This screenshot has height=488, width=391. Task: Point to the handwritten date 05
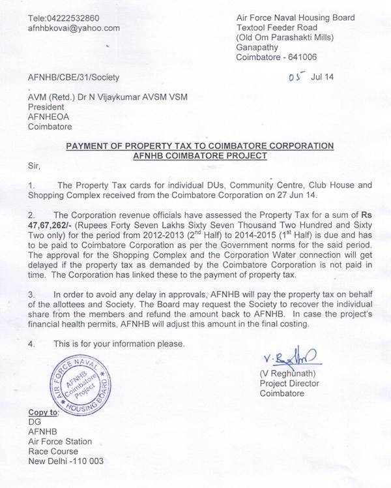tap(295, 76)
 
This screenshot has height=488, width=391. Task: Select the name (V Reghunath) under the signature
tap(287, 374)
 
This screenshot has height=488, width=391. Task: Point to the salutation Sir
tap(35, 167)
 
